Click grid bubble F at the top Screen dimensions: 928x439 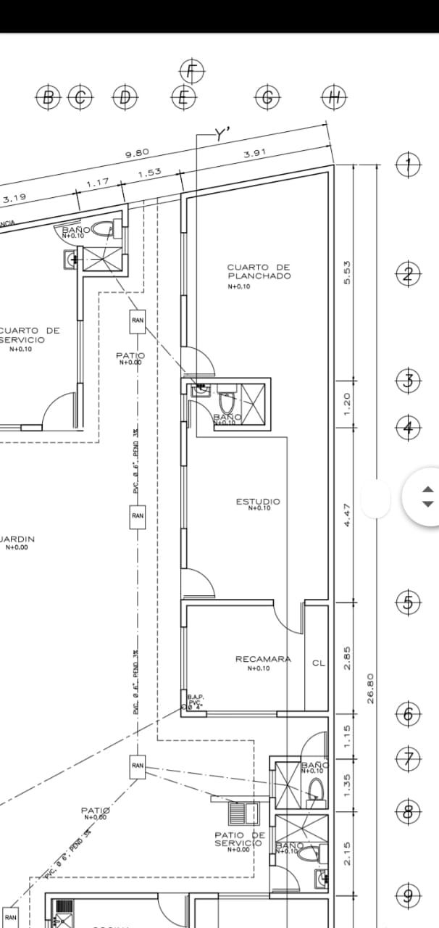click(x=192, y=71)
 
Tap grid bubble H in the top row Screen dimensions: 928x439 click(x=334, y=97)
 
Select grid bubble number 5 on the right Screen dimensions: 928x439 click(x=408, y=602)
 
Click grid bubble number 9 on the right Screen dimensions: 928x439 click(x=408, y=896)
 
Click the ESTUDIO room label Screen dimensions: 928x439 click(x=258, y=502)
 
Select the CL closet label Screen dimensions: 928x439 click(x=319, y=663)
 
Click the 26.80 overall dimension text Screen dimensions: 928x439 click(x=370, y=688)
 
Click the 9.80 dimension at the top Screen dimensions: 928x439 click(x=137, y=154)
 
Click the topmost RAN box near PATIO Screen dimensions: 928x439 click(x=138, y=320)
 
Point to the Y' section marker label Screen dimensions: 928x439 click(x=222, y=133)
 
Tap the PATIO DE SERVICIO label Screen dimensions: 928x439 click(x=239, y=839)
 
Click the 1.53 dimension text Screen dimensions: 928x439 click(x=149, y=173)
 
